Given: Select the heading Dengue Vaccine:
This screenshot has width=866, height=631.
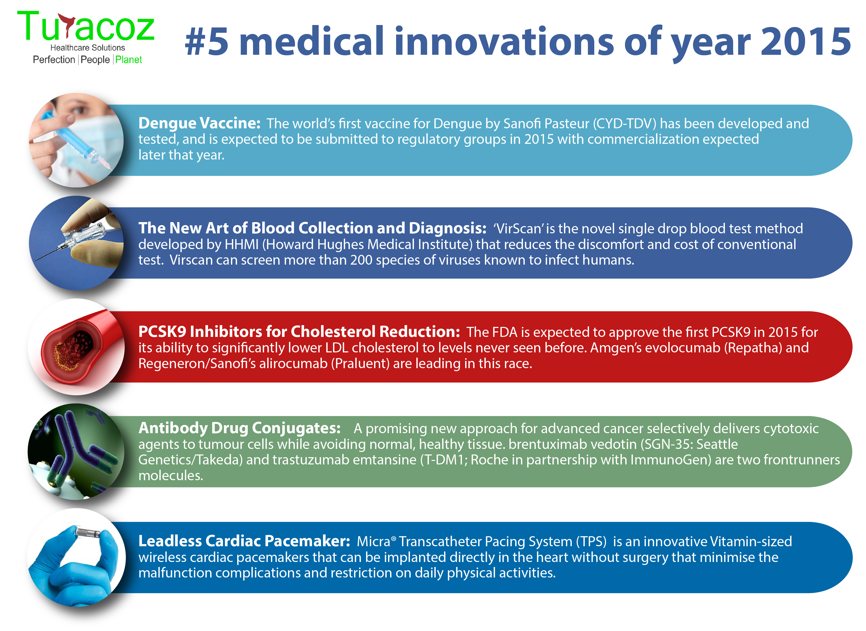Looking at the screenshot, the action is pos(199,123).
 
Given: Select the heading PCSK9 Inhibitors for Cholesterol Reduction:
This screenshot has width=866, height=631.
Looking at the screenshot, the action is pos(299,332).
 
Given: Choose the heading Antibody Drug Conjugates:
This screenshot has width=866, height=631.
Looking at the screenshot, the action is pos(239,428).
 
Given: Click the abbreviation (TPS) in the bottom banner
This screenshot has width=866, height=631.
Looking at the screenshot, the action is pos(591,542).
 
